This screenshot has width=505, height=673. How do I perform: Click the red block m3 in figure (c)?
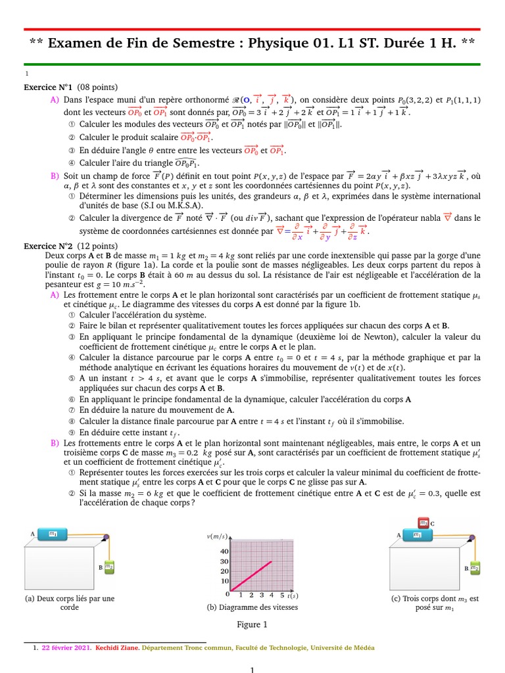point(423,523)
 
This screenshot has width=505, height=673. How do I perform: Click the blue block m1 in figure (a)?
point(52,534)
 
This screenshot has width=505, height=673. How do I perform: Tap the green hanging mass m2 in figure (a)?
point(109,567)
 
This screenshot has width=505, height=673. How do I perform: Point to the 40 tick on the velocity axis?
point(224,551)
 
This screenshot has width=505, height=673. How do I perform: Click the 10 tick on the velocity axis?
point(224,581)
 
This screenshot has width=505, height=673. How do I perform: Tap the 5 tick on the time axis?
point(271,595)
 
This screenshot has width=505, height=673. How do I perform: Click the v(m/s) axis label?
point(218,537)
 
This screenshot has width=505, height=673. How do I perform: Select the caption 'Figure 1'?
point(252,624)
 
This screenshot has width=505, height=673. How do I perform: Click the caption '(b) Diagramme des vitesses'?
point(252,607)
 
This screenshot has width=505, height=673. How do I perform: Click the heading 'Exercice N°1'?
point(48,87)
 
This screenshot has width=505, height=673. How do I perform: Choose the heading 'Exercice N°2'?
point(48,246)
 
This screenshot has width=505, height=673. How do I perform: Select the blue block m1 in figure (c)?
point(418,535)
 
